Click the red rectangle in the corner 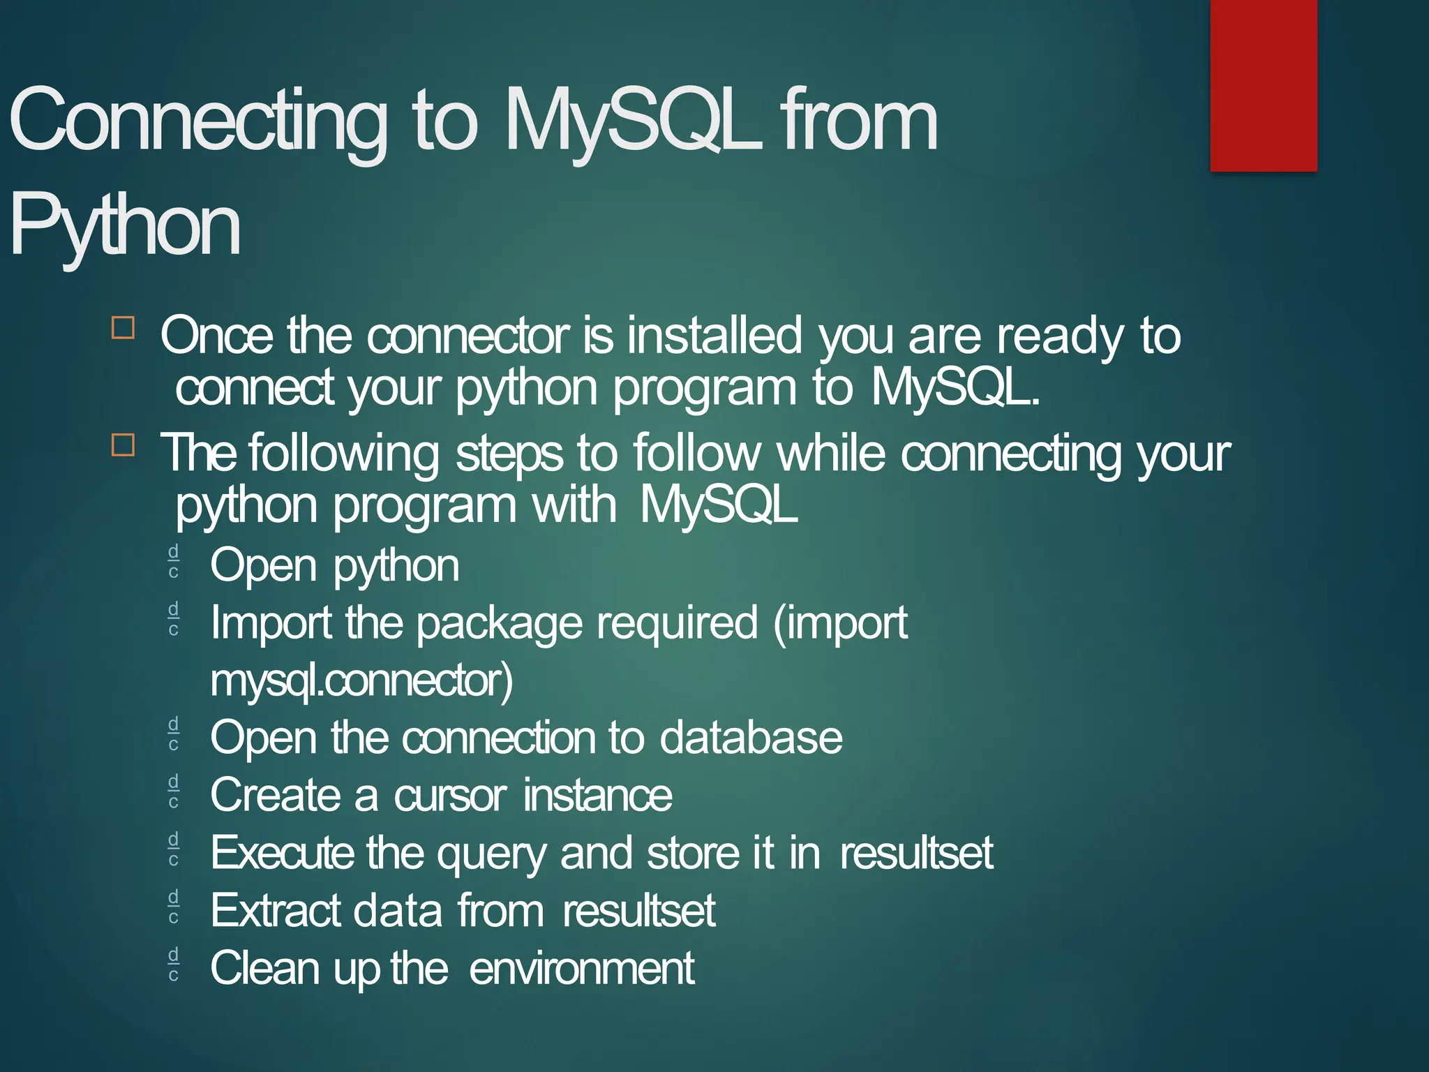click(x=1263, y=85)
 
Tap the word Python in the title click(x=126, y=225)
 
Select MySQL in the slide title click(x=632, y=120)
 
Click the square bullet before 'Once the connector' click(x=123, y=327)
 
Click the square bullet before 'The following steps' click(x=123, y=444)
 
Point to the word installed click(x=714, y=336)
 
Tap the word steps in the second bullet click(x=509, y=454)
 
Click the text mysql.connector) click(x=361, y=680)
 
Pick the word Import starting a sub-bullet click(x=271, y=623)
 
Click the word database click(x=751, y=737)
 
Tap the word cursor click(x=450, y=795)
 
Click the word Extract click(x=276, y=910)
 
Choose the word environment click(x=581, y=968)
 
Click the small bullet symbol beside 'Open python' click(x=174, y=561)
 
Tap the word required click(x=677, y=623)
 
